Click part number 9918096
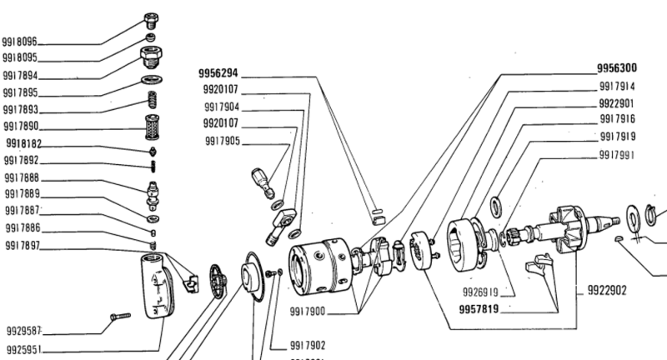point(20,41)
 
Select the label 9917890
point(20,127)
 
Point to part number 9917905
point(222,142)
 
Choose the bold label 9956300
point(616,67)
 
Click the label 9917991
point(617,154)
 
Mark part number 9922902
point(606,292)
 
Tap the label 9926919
point(480,292)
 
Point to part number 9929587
point(23,331)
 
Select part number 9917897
point(20,247)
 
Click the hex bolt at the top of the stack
point(150,19)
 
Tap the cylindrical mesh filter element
point(153,129)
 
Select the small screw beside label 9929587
point(120,317)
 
